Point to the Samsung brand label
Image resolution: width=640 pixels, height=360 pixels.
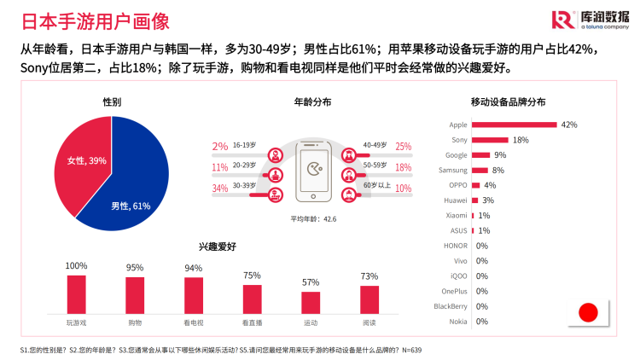tap(452, 170)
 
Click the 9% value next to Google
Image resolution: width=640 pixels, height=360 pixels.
tap(500, 155)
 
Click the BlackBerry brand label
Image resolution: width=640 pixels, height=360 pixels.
tap(450, 306)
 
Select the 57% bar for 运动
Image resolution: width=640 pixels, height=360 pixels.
tap(311, 303)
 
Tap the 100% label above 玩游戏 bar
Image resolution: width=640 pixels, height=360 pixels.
tap(77, 266)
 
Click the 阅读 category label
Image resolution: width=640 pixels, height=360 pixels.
tap(369, 323)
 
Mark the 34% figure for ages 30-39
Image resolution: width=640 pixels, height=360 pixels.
tap(220, 189)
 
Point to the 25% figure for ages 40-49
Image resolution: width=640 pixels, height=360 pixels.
tap(404, 147)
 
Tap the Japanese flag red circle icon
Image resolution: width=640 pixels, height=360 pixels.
tap(588, 312)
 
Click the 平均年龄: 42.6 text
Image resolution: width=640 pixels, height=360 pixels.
tap(312, 219)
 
